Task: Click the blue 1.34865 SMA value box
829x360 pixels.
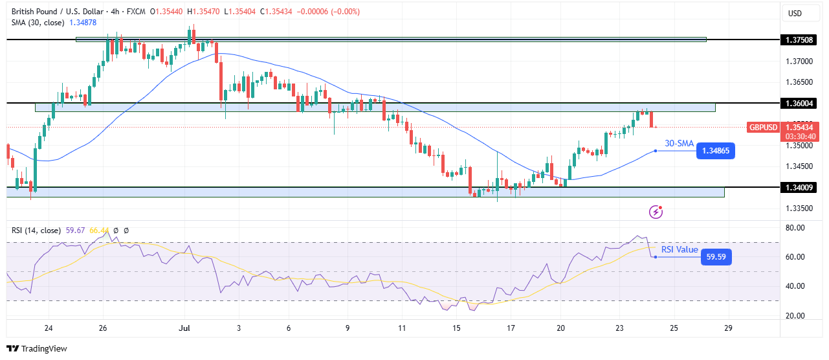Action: (718, 151)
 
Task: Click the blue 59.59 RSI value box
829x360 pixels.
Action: (718, 257)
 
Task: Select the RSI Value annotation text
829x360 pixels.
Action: (680, 249)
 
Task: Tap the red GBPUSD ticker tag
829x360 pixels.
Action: (762, 128)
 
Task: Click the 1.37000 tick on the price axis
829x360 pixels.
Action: (799, 62)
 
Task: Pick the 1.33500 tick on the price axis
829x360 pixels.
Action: (799, 208)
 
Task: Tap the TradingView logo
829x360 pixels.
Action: (37, 348)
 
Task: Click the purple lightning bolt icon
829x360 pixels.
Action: (656, 212)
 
